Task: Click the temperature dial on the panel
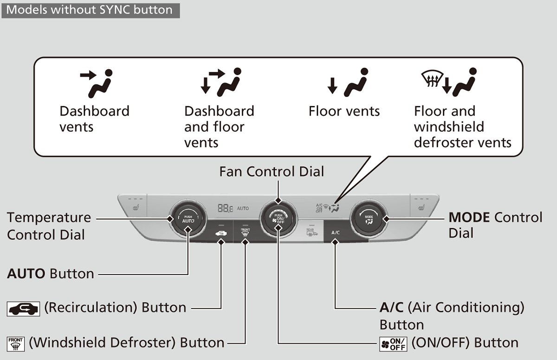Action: point(188,219)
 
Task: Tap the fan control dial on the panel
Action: point(278,219)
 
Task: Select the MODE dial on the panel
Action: point(369,218)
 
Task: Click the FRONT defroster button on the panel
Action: point(245,232)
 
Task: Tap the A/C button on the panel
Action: point(335,232)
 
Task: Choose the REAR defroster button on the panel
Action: point(311,232)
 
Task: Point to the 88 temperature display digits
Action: point(225,209)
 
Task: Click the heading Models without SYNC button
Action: point(90,9)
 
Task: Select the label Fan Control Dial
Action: point(272,172)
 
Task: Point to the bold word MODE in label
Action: point(469,217)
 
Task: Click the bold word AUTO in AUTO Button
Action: point(26,274)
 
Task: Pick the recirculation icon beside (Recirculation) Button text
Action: point(23,308)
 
